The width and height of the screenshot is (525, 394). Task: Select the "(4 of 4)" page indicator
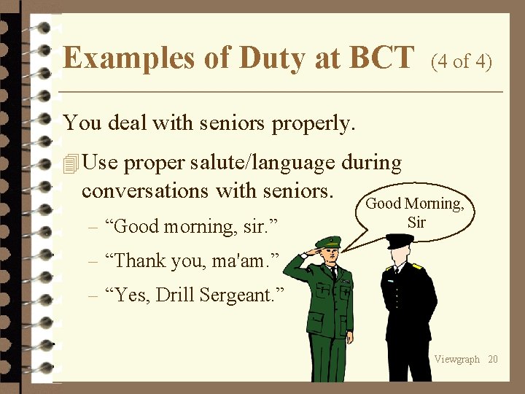pyautogui.click(x=462, y=61)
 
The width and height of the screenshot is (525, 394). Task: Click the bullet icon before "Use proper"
pyautogui.click(x=71, y=164)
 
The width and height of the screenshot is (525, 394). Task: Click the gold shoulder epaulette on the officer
pyautogui.click(x=418, y=266)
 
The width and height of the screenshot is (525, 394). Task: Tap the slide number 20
pyautogui.click(x=493, y=359)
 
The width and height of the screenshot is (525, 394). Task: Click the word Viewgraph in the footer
pyautogui.click(x=457, y=359)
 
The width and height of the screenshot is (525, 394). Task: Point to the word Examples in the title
pyautogui.click(x=127, y=57)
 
